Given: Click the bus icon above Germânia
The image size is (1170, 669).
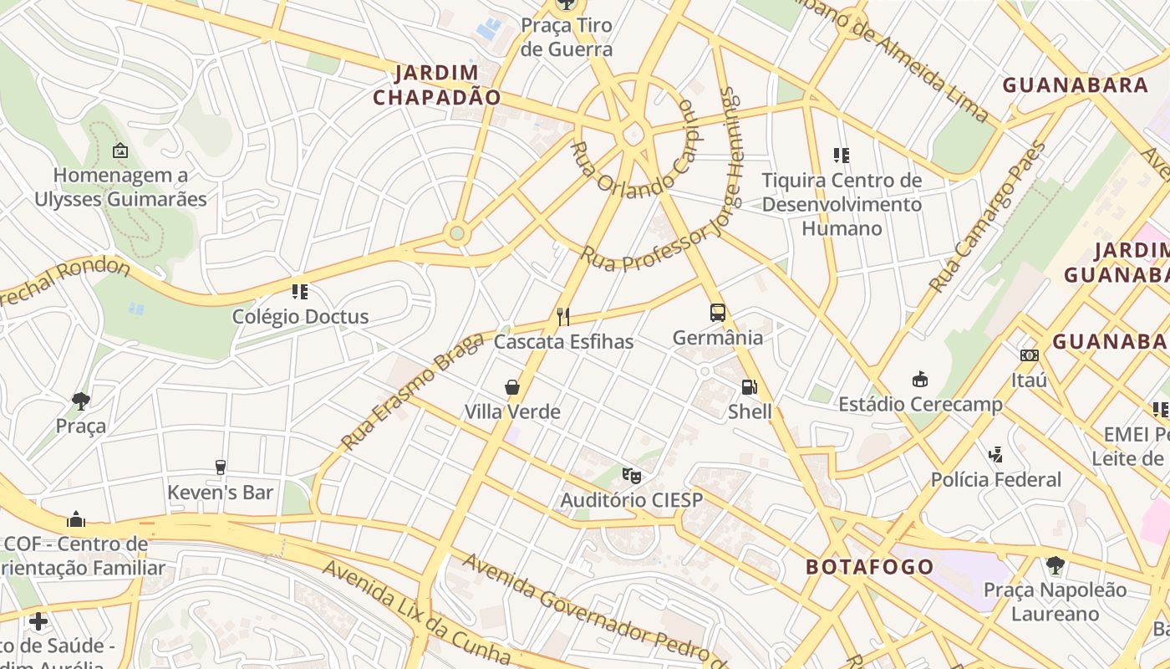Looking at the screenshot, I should [717, 313].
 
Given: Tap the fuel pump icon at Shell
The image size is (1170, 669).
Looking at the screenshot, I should [749, 387].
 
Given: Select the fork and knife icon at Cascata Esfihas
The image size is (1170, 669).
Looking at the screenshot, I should [563, 317].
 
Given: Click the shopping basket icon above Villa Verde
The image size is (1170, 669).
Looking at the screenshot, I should [512, 387].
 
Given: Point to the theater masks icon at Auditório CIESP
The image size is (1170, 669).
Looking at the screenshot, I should [632, 476].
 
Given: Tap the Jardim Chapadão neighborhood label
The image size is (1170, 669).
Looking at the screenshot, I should [436, 85].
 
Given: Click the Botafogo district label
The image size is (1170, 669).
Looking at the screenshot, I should [869, 567].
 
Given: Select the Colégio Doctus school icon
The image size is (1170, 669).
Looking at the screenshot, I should [300, 292].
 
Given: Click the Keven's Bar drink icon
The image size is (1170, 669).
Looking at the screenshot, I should [221, 467].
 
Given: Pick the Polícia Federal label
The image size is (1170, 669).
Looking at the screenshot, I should [996, 480].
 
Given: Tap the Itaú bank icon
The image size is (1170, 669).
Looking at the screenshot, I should [1029, 355].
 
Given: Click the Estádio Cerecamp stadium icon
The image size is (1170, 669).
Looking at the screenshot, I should [920, 380].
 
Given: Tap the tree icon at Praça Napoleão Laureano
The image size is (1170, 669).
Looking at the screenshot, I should [1055, 565].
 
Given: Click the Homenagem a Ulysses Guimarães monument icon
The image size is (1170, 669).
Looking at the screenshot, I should [120, 151].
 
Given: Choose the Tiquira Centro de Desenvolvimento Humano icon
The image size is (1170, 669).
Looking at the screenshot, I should [842, 155].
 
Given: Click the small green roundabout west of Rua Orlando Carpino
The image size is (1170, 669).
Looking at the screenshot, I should [456, 232].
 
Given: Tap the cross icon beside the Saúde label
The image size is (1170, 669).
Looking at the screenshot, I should [38, 621].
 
